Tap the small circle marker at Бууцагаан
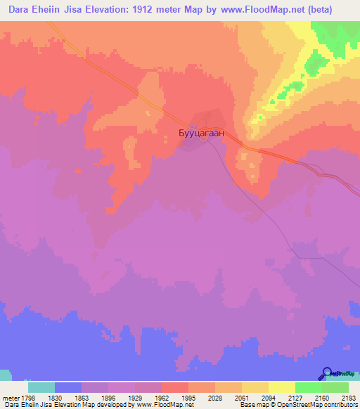point(204,137)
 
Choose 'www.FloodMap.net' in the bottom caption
point(153,405)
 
